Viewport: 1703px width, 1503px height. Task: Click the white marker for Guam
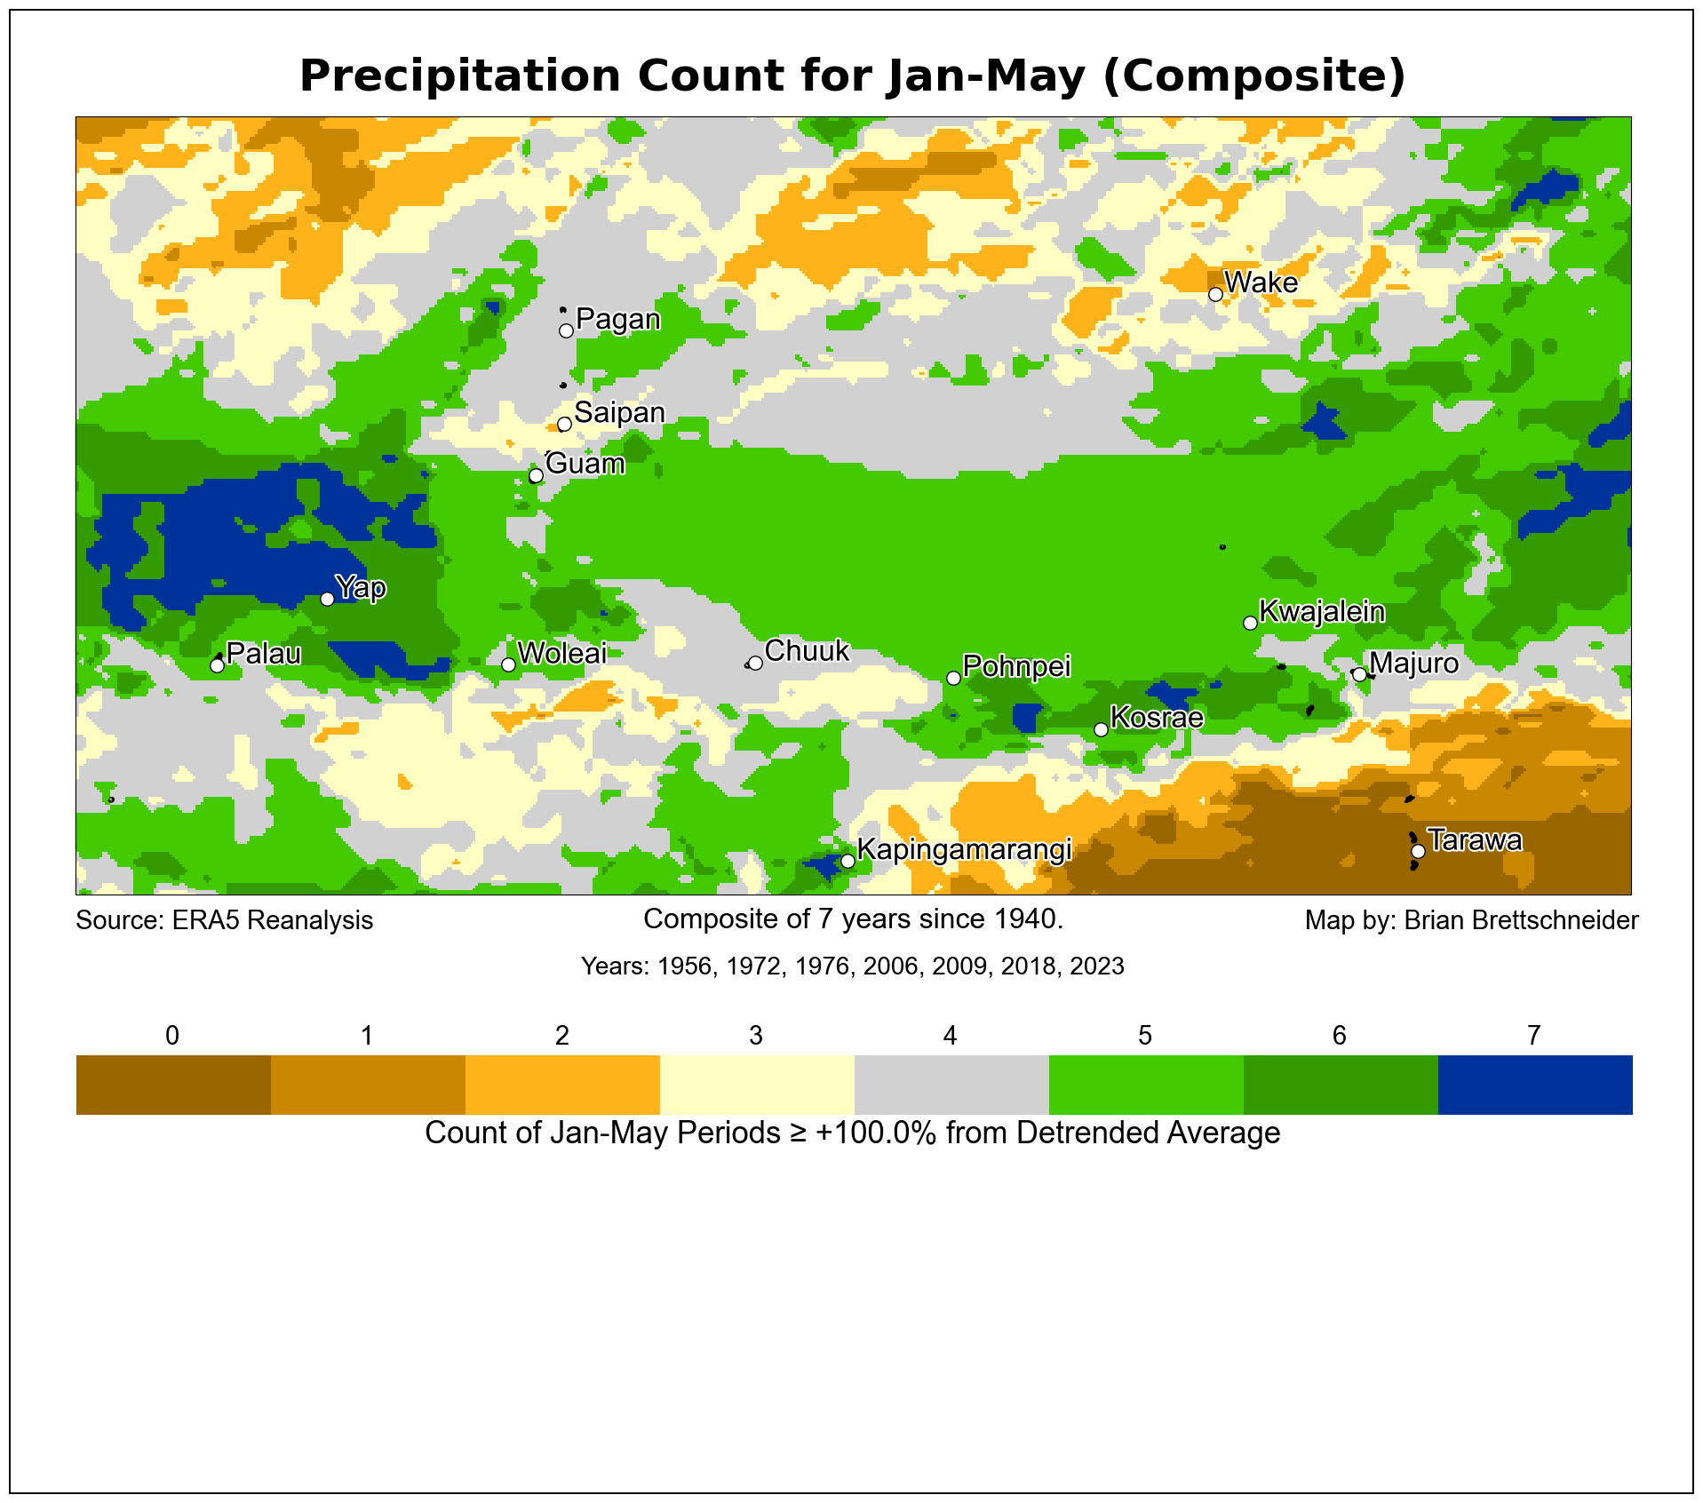(x=536, y=476)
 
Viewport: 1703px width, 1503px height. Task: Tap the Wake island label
(x=1261, y=282)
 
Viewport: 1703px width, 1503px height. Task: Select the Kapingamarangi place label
(x=964, y=850)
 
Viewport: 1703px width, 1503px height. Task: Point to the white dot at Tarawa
(x=1418, y=851)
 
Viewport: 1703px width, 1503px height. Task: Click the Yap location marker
(x=327, y=599)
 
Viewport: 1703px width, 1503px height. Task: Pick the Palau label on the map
(x=264, y=654)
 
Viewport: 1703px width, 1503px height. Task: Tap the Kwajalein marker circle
(x=1250, y=623)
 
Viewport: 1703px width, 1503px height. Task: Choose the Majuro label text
(x=1413, y=664)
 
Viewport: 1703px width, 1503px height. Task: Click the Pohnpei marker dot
(x=953, y=678)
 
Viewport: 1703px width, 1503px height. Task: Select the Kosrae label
(x=1157, y=718)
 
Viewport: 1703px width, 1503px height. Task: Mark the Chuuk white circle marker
(x=755, y=663)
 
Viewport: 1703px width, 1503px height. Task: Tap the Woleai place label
(x=561, y=653)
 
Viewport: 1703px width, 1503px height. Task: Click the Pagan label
(x=617, y=319)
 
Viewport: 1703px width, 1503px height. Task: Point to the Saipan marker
(x=564, y=424)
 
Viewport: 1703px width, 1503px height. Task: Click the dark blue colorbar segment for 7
(x=1534, y=1085)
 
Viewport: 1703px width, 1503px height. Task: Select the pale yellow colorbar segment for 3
(x=756, y=1085)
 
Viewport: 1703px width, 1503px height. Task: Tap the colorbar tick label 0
(x=172, y=1035)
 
